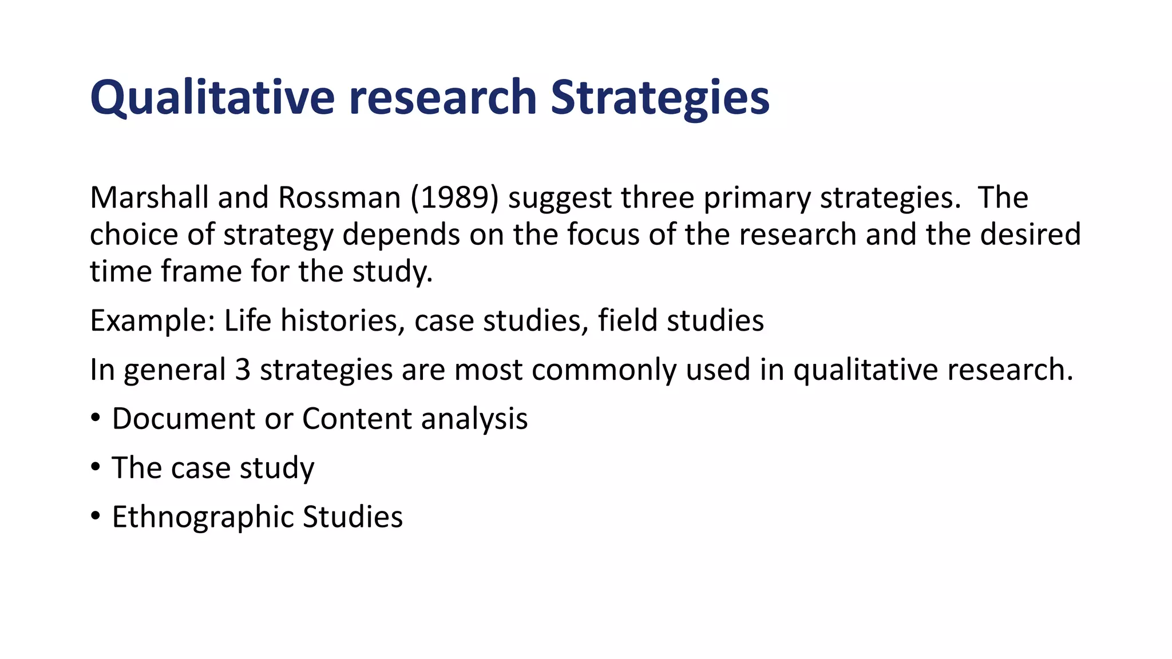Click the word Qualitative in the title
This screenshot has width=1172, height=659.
point(212,97)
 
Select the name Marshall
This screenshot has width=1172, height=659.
point(149,198)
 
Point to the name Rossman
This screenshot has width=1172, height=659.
point(339,198)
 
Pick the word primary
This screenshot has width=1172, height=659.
point(757,198)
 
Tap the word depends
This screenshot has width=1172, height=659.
point(401,235)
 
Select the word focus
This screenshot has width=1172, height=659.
point(603,235)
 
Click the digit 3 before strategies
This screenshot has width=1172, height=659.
point(243,370)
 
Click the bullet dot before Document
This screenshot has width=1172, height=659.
point(96,419)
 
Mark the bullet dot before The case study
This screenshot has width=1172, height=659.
point(96,468)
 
